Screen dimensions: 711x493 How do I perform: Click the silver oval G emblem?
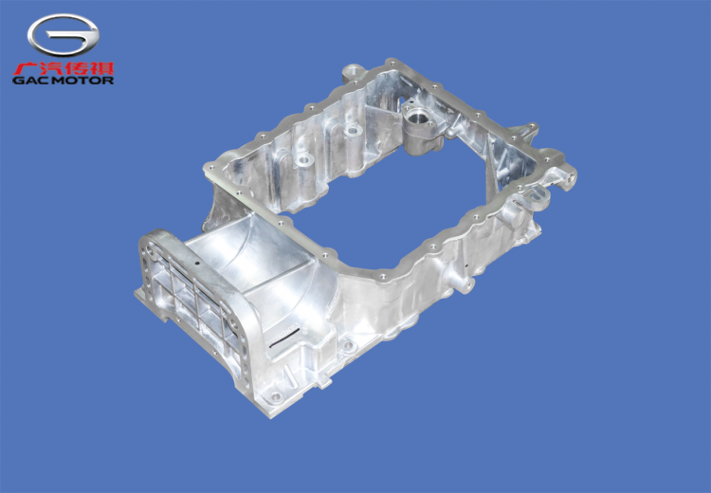63,34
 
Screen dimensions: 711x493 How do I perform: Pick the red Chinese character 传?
77,68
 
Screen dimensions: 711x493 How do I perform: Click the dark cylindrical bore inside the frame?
416,118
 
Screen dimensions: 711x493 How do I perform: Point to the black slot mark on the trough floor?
283,338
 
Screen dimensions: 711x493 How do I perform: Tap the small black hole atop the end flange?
197,263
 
